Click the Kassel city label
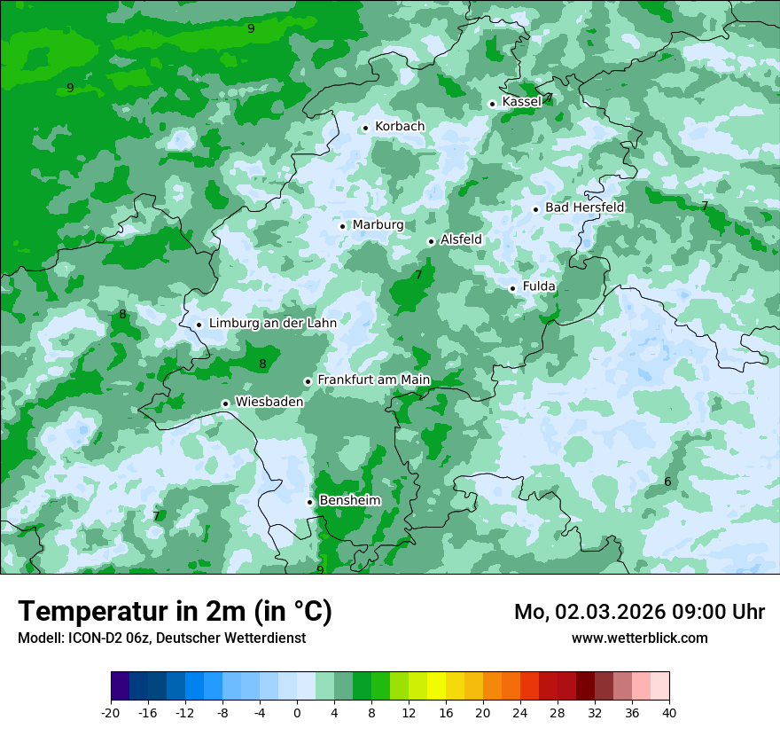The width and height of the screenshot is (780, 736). [x=521, y=102]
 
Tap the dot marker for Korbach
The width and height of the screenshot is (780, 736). [x=365, y=128]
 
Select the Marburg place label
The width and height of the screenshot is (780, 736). [x=378, y=225]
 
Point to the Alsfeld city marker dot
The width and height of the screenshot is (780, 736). [x=431, y=241]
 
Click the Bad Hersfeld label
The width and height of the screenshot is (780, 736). [x=584, y=207]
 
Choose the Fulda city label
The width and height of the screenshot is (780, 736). [x=539, y=286]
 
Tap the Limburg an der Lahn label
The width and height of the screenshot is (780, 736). [x=272, y=324]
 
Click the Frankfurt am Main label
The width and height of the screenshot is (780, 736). [x=373, y=380]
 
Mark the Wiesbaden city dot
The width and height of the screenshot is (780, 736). [x=226, y=403]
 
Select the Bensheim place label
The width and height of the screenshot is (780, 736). [x=349, y=501]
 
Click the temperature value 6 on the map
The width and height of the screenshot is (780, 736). [x=667, y=482]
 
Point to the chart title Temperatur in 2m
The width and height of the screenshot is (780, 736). [x=175, y=612]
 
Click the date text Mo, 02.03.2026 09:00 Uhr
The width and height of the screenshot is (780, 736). [x=639, y=612]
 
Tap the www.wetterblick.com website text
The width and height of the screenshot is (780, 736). [x=639, y=638]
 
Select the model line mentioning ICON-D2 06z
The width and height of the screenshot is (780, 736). [x=161, y=638]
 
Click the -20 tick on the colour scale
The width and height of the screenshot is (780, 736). [x=111, y=712]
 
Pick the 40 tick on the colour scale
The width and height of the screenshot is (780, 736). [x=668, y=712]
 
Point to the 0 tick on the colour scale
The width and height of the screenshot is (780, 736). [x=297, y=712]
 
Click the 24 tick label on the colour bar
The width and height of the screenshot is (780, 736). [x=520, y=712]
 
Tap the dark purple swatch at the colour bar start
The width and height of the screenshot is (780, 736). [x=121, y=686]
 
